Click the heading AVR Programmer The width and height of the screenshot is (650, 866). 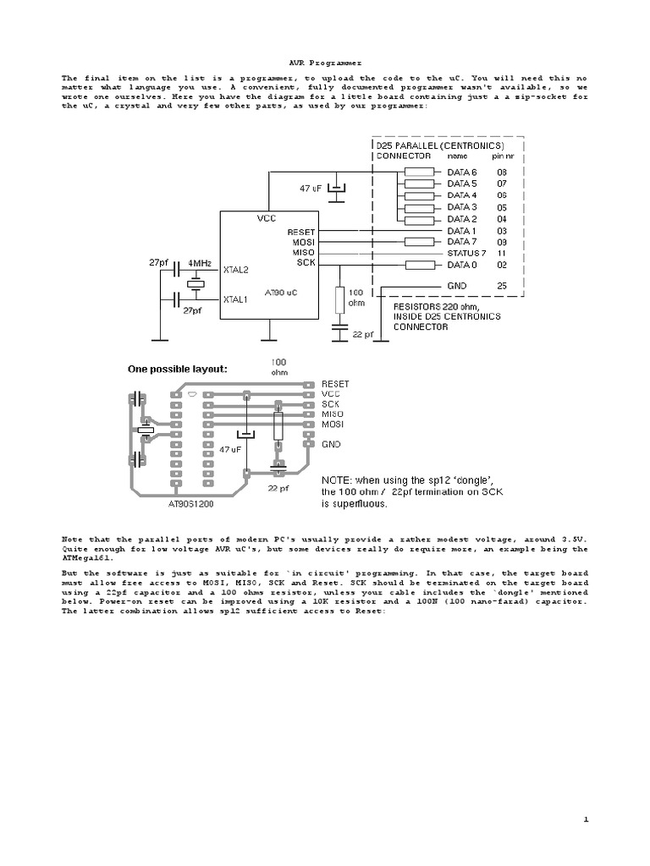325,62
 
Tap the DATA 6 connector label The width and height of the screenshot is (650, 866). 462,172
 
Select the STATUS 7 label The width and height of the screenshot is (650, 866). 466,253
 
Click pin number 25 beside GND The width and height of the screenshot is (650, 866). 502,286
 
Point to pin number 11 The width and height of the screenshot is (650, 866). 502,253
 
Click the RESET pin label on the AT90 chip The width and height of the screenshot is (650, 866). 301,231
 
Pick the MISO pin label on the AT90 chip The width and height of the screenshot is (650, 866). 303,253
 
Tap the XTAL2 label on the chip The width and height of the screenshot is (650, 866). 236,270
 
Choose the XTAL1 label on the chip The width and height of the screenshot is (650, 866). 236,299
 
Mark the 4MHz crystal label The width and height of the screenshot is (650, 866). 201,263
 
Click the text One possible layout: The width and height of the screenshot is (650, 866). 178,369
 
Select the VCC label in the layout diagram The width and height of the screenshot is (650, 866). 330,393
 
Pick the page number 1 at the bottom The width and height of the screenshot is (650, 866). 585,819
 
